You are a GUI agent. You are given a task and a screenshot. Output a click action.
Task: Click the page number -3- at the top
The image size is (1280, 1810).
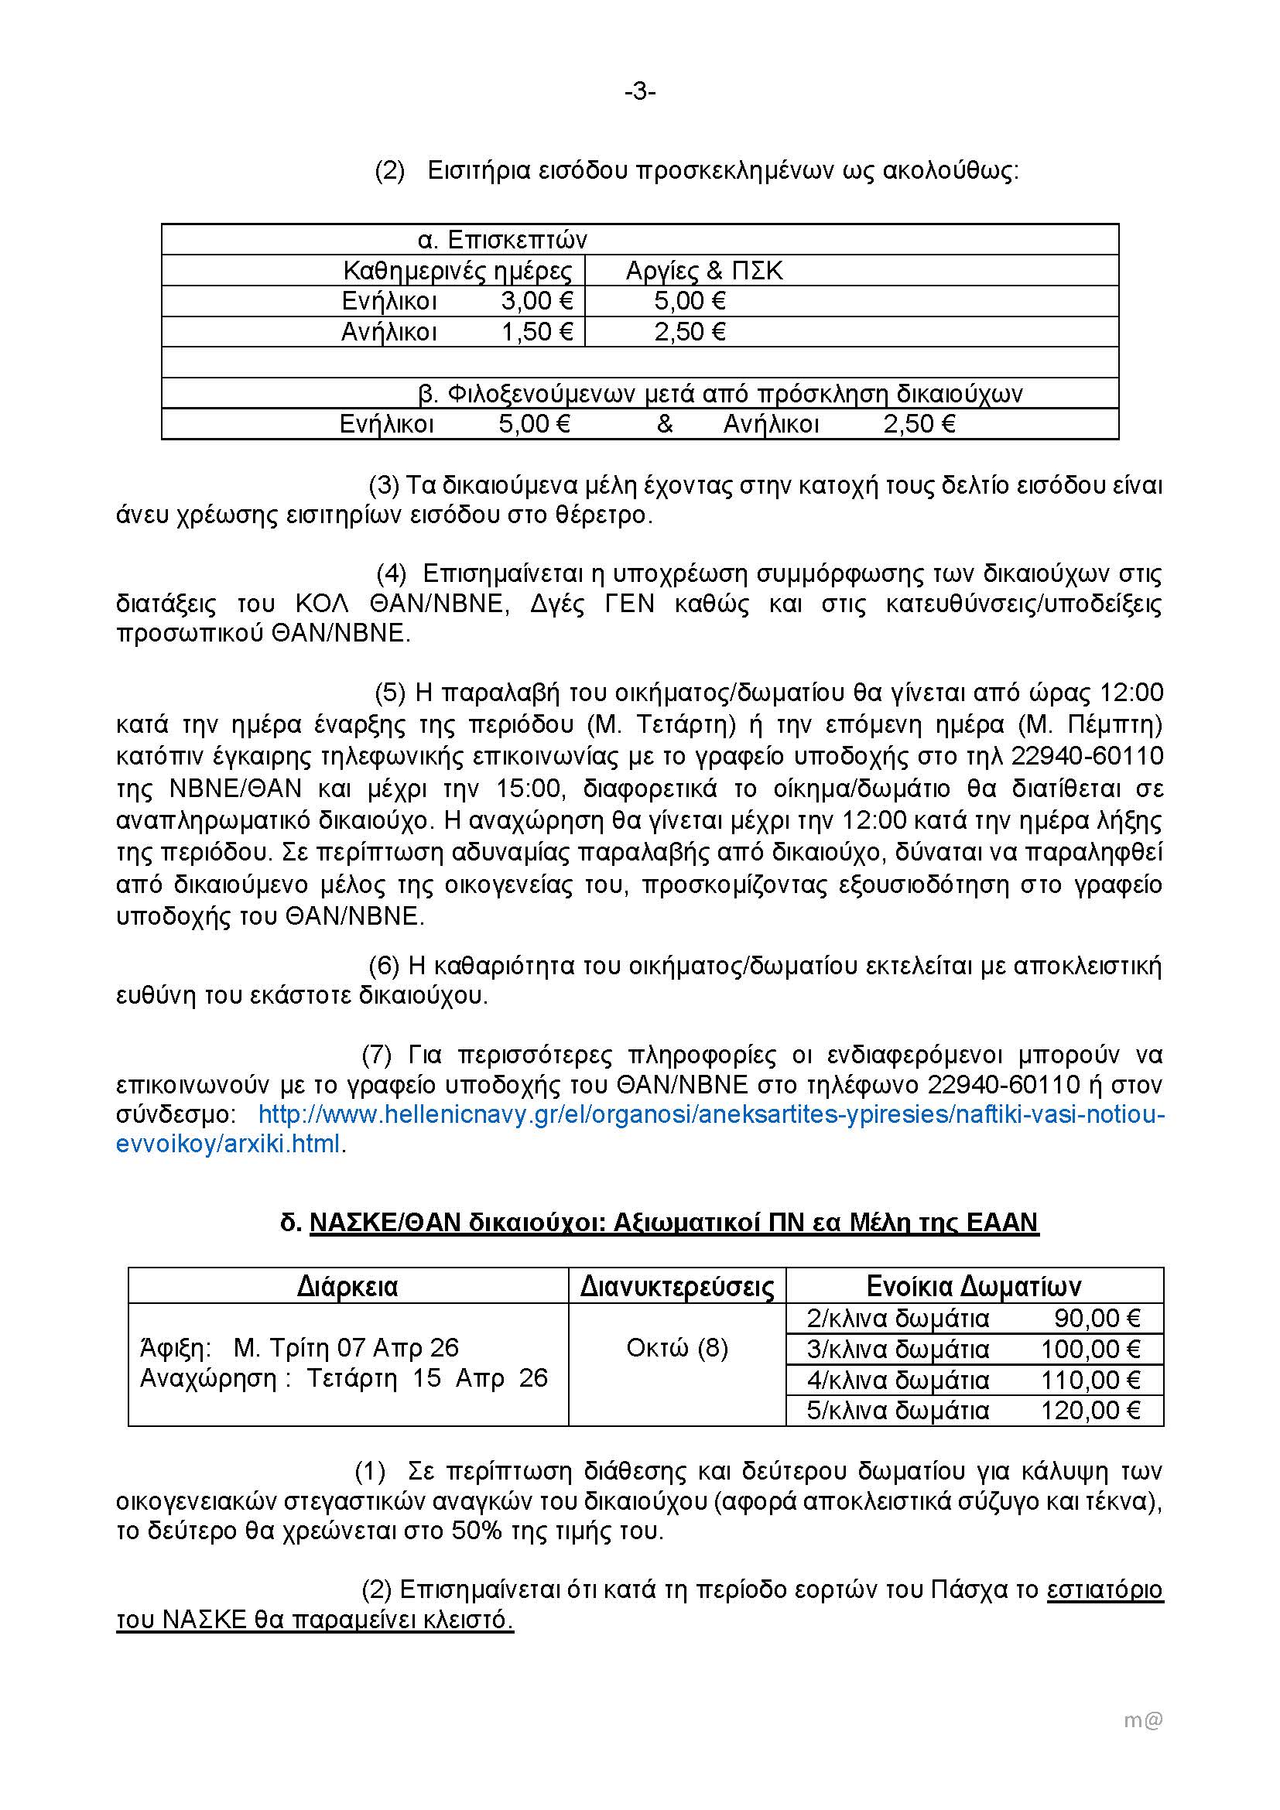640,93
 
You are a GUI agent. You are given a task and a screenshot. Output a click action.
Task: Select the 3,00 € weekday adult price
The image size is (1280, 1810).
537,301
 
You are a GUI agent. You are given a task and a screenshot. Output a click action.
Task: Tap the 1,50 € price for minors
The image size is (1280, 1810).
537,332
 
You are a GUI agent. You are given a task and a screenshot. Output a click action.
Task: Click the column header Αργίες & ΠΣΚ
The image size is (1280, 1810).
703,271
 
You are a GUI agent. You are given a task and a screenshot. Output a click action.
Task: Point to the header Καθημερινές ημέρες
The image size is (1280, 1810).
457,271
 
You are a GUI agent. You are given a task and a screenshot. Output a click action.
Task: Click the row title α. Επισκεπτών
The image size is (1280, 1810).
502,240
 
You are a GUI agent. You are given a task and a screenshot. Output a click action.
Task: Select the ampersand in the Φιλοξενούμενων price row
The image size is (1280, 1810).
665,425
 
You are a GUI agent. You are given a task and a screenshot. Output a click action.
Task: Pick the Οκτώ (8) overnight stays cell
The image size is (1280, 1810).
677,1348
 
